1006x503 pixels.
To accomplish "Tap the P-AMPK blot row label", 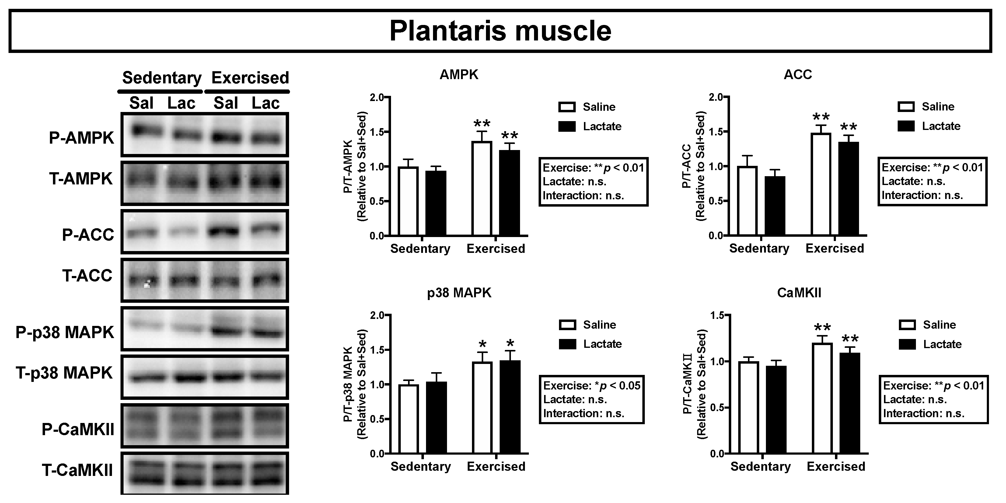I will (81, 138).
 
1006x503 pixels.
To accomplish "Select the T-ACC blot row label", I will (87, 276).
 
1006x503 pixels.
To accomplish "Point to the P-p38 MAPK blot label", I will (65, 332).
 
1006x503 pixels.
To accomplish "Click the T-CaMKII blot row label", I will (78, 470).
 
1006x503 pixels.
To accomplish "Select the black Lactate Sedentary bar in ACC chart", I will (775, 206).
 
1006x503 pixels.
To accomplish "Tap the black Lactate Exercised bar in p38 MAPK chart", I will (510, 407).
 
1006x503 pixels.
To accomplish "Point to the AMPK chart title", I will (459, 74).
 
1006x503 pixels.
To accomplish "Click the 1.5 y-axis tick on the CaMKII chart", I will (717, 315).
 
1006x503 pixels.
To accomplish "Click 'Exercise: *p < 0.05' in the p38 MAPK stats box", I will (592, 386).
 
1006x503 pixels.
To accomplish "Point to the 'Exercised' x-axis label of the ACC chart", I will (835, 248).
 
